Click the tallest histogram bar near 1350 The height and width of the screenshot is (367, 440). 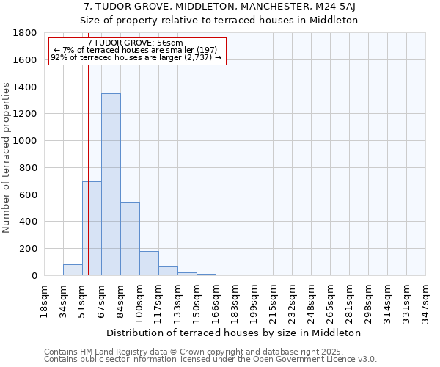click(x=111, y=184)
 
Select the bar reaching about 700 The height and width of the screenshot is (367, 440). click(x=92, y=228)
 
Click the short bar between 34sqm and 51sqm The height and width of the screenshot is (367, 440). click(x=73, y=270)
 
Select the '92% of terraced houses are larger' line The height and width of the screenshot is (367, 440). click(x=136, y=57)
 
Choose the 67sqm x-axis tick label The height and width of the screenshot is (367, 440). click(x=102, y=301)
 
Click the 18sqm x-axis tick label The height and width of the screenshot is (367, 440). click(x=45, y=301)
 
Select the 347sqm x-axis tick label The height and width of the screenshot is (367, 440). click(x=426, y=301)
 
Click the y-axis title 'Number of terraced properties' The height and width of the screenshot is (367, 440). click(x=7, y=158)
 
